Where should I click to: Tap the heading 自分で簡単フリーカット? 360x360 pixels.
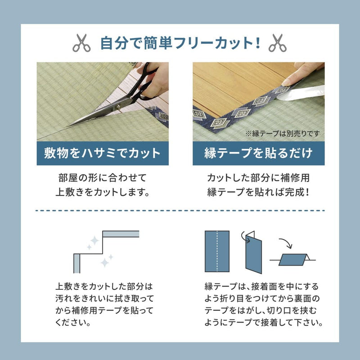[180, 43]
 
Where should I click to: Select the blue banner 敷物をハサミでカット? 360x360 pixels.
[103, 153]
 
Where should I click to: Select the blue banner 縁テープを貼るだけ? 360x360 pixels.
[258, 153]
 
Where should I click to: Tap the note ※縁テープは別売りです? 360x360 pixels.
[284, 134]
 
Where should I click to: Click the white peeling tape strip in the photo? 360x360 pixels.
[306, 92]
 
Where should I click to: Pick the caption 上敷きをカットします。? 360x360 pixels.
[103, 192]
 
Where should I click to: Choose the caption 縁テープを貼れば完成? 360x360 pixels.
[258, 192]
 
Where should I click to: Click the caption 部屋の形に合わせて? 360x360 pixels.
[103, 176]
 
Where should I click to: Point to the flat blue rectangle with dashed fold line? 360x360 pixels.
[217, 252]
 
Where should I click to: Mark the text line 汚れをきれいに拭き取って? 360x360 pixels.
[104, 298]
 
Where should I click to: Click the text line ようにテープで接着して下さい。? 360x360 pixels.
[264, 322]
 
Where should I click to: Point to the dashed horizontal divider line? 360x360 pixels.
[180, 210]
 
